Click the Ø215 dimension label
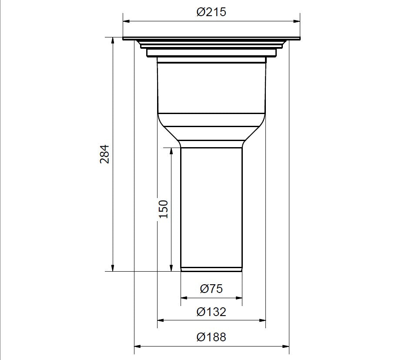(x=211, y=12)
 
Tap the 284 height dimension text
(x=104, y=154)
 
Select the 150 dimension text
(x=164, y=209)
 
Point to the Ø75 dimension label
(x=211, y=289)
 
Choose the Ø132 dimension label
(x=211, y=312)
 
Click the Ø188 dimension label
(x=211, y=337)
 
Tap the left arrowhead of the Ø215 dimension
(x=126, y=21)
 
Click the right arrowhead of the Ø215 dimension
(x=297, y=21)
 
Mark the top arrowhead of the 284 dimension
(x=113, y=41)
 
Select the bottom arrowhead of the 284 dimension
(x=113, y=268)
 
